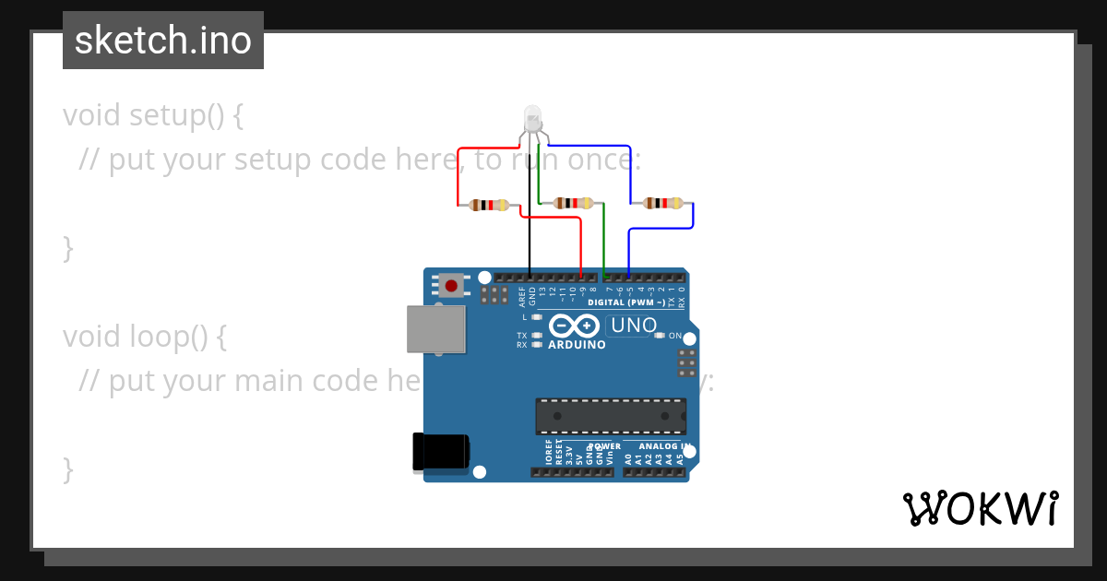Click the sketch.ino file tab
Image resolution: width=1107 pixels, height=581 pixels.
click(163, 41)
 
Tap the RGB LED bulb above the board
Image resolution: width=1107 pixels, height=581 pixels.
click(533, 119)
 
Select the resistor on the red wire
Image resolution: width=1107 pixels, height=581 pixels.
click(489, 205)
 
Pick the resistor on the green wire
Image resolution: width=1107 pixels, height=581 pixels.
click(573, 203)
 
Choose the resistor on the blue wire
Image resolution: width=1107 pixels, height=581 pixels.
click(663, 203)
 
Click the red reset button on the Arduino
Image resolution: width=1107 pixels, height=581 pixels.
click(451, 286)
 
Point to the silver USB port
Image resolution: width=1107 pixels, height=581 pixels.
click(435, 329)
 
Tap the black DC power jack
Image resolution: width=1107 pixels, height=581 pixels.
click(441, 453)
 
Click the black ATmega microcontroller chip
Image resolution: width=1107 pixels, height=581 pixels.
click(611, 416)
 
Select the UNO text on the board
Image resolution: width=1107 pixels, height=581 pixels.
click(635, 325)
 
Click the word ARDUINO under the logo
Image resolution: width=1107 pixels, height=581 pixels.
click(577, 345)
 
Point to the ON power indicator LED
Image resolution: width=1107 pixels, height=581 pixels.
click(659, 336)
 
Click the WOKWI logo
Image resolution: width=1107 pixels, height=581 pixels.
click(980, 508)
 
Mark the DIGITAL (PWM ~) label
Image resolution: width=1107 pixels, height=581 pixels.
click(626, 302)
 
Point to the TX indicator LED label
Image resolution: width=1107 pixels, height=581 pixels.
click(522, 336)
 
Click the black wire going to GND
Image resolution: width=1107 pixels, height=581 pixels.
click(530, 221)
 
